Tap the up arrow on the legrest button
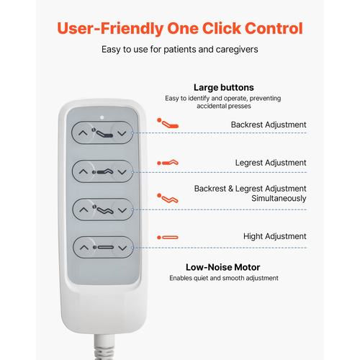click(84, 172)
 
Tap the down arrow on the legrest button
click(122, 172)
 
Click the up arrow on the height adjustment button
click(84, 248)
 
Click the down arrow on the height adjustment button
click(122, 248)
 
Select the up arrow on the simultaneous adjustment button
click(84, 210)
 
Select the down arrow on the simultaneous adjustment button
click(122, 210)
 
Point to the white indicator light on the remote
click(102, 117)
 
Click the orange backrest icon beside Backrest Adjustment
click(168, 123)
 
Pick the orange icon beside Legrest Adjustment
click(168, 163)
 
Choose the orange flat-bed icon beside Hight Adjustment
click(168, 238)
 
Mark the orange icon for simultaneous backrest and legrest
click(168, 198)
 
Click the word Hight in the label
click(253, 236)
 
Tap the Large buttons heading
click(224, 88)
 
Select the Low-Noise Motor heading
click(223, 267)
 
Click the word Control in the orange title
click(274, 28)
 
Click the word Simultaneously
click(279, 199)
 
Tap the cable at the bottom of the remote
click(104, 347)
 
